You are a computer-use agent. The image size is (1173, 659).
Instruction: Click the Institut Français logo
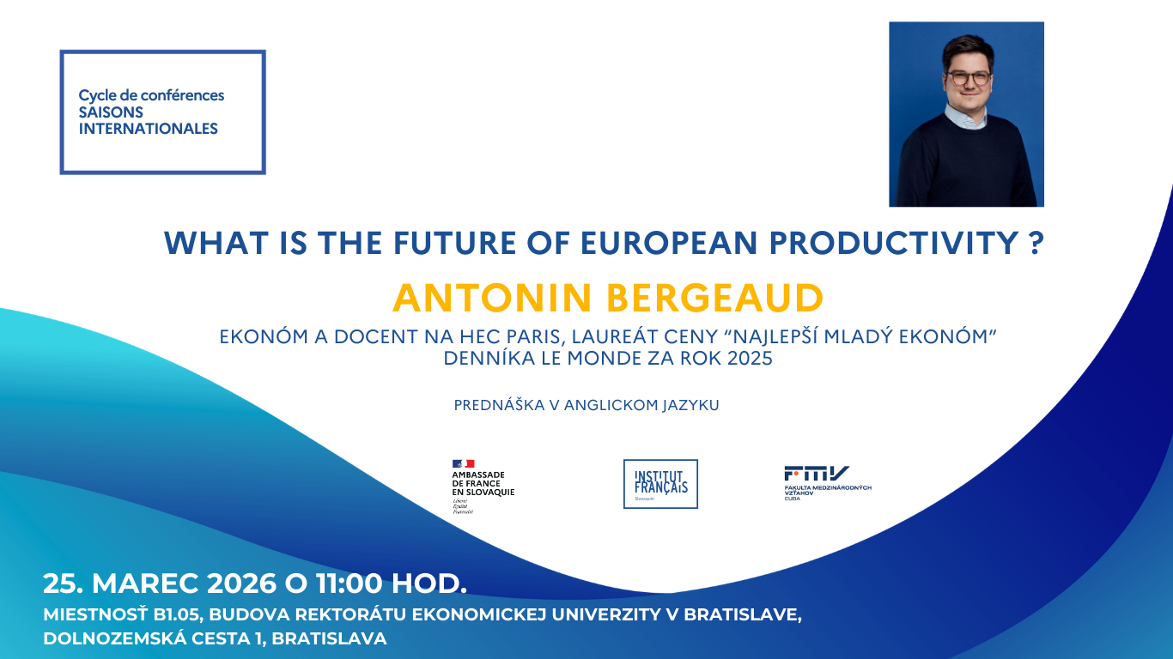660,484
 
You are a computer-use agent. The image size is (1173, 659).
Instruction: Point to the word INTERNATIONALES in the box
148,130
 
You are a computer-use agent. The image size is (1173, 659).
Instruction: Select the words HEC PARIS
490,337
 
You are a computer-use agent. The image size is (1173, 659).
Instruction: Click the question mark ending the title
1036,244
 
